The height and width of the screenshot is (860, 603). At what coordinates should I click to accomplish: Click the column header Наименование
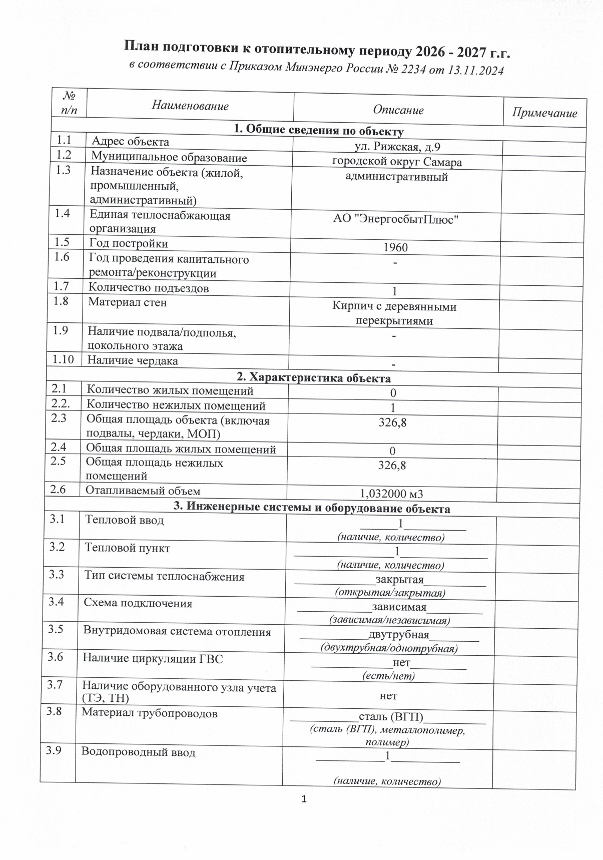click(x=190, y=106)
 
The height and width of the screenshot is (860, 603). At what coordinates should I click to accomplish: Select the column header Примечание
click(x=544, y=113)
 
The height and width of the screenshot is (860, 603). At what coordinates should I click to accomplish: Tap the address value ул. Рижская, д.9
click(x=397, y=147)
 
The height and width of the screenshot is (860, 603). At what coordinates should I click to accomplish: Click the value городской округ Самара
click(x=397, y=162)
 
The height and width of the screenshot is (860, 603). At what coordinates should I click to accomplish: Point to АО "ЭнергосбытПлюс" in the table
click(x=396, y=219)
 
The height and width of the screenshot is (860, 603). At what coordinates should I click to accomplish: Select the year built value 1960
click(x=395, y=247)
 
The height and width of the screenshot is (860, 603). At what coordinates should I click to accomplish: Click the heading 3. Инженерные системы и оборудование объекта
click(x=312, y=509)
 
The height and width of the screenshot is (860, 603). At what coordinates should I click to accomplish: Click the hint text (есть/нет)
click(x=388, y=676)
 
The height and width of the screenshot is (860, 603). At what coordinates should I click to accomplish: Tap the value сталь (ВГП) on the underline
click(x=391, y=717)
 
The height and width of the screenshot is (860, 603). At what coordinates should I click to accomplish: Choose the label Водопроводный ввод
click(x=138, y=752)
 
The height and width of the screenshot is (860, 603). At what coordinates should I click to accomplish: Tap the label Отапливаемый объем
click(x=143, y=491)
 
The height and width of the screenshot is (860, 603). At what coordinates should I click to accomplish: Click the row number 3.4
click(x=57, y=602)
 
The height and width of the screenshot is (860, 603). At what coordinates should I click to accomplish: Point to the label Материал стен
click(x=127, y=302)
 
